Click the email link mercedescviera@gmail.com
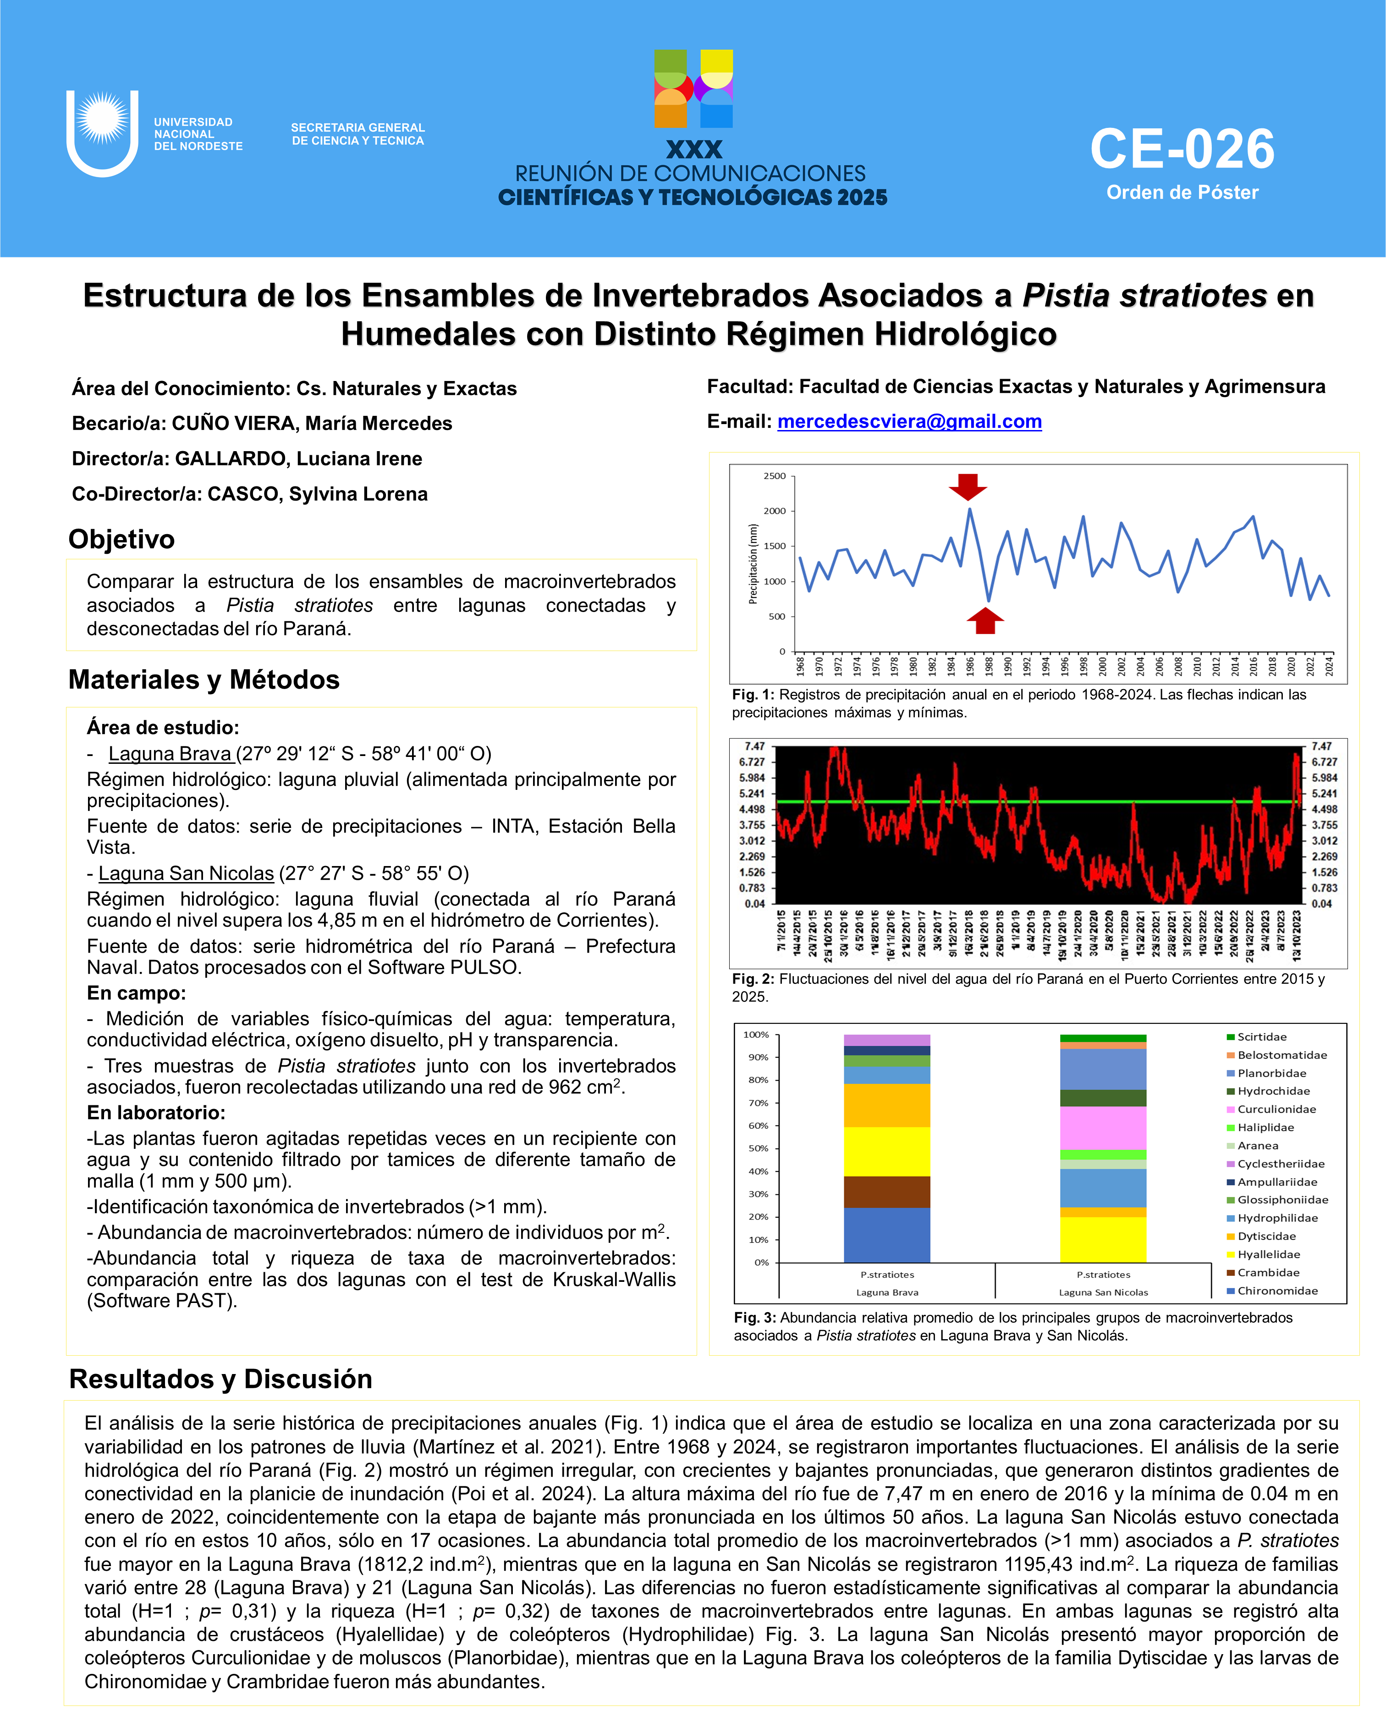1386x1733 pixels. pos(909,422)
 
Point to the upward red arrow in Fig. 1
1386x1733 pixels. pos(985,621)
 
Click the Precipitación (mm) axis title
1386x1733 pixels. pos(753,563)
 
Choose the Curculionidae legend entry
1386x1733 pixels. pos(1276,1109)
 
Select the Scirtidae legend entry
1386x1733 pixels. pos(1261,1037)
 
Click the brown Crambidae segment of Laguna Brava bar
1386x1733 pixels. pos(886,1192)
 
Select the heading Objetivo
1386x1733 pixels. pos(121,539)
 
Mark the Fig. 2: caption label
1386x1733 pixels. pos(753,979)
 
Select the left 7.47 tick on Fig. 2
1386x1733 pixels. pos(754,747)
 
